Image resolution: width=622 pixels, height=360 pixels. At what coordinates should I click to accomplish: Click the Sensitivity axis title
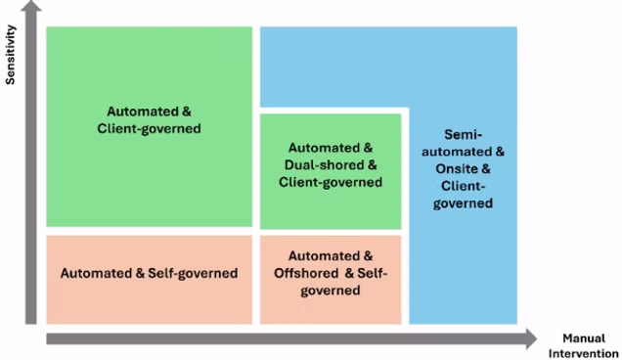pyautogui.click(x=10, y=55)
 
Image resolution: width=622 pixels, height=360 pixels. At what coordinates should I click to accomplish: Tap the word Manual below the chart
pyautogui.click(x=584, y=338)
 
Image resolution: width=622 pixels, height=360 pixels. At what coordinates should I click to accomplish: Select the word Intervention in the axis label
pyautogui.click(x=584, y=353)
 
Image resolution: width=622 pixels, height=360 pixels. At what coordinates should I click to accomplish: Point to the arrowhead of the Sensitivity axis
pyautogui.click(x=31, y=6)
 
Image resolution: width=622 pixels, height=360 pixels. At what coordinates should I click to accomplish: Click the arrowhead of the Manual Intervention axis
pyautogui.click(x=532, y=338)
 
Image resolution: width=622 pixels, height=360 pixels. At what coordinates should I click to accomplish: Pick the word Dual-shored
pyautogui.click(x=325, y=164)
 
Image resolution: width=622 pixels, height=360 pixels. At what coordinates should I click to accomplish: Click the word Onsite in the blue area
pyautogui.click(x=456, y=168)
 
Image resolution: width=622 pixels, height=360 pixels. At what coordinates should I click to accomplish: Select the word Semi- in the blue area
pyautogui.click(x=463, y=135)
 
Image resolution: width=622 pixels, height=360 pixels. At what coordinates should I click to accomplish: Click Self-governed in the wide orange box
pyautogui.click(x=193, y=273)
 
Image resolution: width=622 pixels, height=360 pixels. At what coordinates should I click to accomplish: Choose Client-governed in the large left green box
pyautogui.click(x=150, y=128)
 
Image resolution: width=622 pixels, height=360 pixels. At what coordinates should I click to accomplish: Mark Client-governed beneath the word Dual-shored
pyautogui.click(x=331, y=182)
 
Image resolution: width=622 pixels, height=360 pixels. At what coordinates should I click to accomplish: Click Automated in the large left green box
pyautogui.click(x=143, y=112)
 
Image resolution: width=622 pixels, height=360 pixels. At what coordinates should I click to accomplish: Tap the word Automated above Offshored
pyautogui.click(x=325, y=256)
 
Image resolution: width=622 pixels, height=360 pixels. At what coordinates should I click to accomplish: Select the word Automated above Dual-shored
pyautogui.click(x=325, y=148)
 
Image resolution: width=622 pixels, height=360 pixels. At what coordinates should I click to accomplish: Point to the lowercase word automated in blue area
pyautogui.click(x=457, y=152)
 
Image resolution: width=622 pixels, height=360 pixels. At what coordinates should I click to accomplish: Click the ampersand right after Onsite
pyautogui.click(x=486, y=168)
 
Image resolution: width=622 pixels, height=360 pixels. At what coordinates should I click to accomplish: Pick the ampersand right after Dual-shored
pyautogui.click(x=372, y=164)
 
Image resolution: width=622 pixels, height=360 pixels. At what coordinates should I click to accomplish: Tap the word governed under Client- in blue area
pyautogui.click(x=463, y=203)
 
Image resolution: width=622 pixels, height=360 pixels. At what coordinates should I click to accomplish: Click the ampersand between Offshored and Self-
pyautogui.click(x=349, y=273)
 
